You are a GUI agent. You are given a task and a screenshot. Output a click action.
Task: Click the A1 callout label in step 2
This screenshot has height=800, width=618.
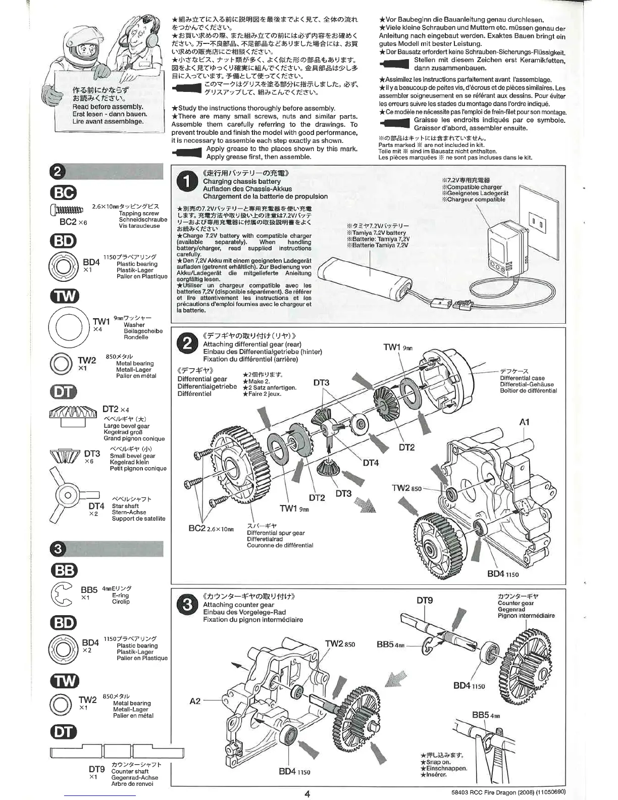[524, 422]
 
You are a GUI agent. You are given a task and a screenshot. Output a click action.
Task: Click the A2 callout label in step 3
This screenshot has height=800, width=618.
[195, 701]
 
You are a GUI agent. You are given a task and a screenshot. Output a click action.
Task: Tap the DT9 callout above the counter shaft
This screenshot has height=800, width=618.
[425, 601]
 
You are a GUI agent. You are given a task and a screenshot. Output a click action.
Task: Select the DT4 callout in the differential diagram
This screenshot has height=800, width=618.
[370, 463]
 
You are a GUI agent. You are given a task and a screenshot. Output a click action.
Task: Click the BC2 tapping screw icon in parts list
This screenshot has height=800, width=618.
[66, 211]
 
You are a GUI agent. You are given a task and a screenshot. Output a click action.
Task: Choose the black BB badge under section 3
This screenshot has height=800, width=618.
[64, 570]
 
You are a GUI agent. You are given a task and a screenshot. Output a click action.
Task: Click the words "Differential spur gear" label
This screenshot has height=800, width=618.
[276, 533]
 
